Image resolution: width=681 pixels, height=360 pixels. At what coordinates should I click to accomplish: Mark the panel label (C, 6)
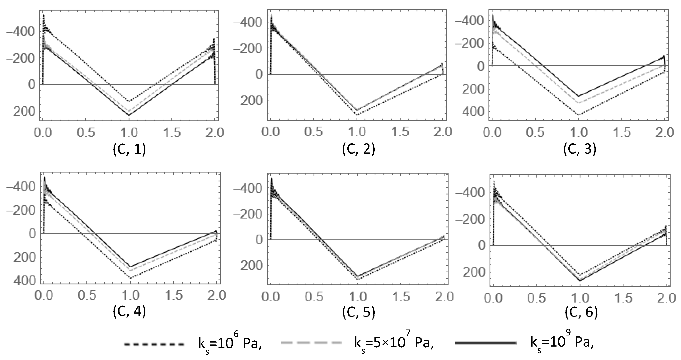pos(581,312)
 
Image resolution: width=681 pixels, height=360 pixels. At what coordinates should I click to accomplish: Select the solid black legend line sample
pos(485,343)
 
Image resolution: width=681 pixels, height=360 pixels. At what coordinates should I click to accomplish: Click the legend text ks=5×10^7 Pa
pos(394,344)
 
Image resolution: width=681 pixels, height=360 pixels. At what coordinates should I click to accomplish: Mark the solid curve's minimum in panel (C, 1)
pos(129,115)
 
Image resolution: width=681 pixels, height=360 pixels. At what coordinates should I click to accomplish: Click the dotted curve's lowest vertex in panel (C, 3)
pos(578,115)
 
